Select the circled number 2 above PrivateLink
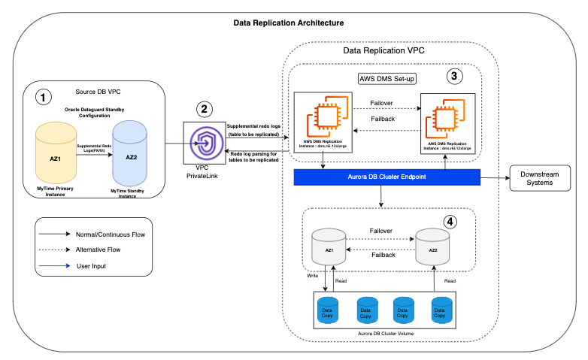pyautogui.click(x=204, y=108)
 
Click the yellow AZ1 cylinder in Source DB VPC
pyautogui.click(x=55, y=159)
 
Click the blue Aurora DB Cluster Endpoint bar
pyautogui.click(x=386, y=177)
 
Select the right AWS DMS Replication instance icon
pyautogui.click(x=449, y=117)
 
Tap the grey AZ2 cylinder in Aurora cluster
pyautogui.click(x=432, y=249)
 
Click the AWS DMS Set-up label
pyautogui.click(x=388, y=78)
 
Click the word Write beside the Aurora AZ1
pyautogui.click(x=313, y=276)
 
